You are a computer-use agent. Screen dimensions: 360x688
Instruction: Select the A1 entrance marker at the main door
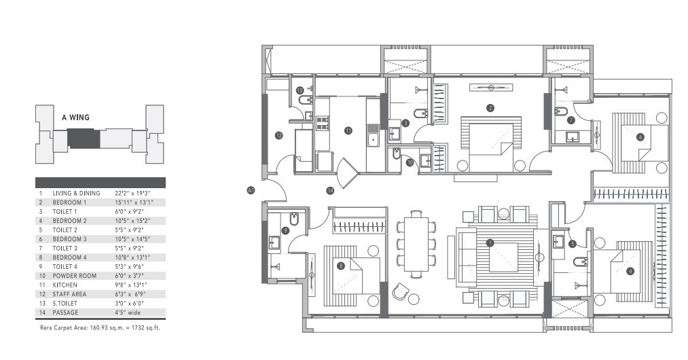coord(251,192)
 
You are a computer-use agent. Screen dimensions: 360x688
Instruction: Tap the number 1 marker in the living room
coord(490,242)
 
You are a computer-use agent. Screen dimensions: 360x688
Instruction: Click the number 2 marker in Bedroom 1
coord(490,107)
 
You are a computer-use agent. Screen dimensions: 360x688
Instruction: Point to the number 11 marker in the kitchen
coord(348,130)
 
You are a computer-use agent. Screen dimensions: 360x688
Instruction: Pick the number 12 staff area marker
coord(279,135)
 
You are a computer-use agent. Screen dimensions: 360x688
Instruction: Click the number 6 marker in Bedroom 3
coord(640,137)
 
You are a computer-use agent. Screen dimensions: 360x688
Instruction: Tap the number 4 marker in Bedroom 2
coord(630,271)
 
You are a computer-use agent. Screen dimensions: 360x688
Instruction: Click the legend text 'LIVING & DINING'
coord(76,193)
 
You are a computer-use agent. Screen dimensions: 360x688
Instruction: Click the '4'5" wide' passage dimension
coord(130,312)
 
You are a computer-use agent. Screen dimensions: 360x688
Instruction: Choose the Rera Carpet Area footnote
coord(100,327)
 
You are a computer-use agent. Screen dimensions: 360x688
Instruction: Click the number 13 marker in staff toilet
coord(300,90)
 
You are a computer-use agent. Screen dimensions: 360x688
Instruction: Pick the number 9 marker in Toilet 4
coord(285,230)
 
